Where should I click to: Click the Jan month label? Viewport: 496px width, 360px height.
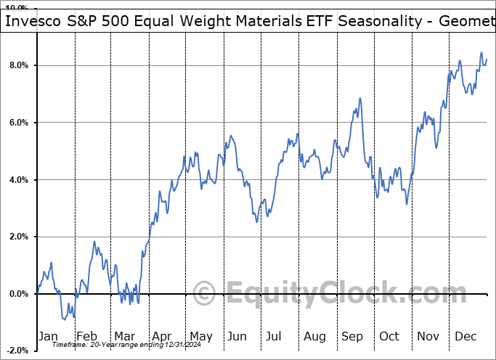click(47, 336)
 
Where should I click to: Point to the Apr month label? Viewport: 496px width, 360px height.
click(161, 336)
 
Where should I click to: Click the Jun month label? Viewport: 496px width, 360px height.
click(237, 336)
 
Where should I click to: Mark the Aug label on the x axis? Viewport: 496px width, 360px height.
click(314, 336)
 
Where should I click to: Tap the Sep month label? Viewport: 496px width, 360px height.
click(352, 336)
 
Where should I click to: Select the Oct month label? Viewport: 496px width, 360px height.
click(390, 336)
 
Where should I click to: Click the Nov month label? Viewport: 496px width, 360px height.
click(428, 336)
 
